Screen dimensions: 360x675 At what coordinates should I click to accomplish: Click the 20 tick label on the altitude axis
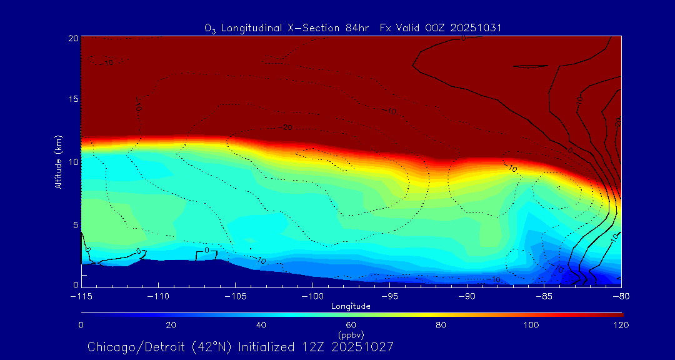(x=72, y=38)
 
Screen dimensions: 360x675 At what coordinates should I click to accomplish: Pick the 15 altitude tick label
(x=72, y=99)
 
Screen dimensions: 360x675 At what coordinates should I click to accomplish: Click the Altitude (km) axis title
(x=58, y=162)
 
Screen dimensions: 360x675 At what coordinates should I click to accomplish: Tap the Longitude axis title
(x=351, y=306)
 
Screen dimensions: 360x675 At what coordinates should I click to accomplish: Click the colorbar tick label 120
(x=621, y=325)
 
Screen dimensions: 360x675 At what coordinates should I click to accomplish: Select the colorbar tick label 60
(x=351, y=325)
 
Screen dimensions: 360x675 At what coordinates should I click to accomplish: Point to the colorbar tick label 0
(x=81, y=325)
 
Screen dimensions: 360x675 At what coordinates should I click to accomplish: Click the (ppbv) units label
(x=351, y=334)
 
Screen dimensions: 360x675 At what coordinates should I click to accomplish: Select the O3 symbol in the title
(x=211, y=29)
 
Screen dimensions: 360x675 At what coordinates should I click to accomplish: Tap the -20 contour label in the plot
(x=287, y=127)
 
